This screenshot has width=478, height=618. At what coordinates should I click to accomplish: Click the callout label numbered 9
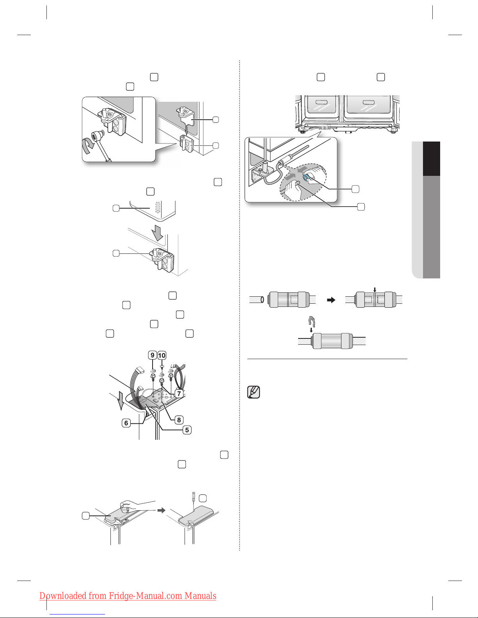click(x=153, y=355)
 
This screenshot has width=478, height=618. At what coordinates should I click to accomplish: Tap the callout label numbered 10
click(x=162, y=355)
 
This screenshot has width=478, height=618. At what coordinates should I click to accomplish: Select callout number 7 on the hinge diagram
click(x=179, y=393)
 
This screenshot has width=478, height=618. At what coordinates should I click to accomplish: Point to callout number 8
click(x=179, y=420)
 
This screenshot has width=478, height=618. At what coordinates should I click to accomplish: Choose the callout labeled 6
click(x=126, y=423)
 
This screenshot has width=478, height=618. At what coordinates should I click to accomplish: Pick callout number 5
click(x=187, y=430)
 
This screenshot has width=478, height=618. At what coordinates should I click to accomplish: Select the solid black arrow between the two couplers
click(x=331, y=300)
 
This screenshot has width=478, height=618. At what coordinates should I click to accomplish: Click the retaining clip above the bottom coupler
click(x=311, y=321)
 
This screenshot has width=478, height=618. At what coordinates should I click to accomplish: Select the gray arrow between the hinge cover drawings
click(x=160, y=510)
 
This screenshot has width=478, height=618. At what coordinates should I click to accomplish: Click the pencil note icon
click(x=254, y=392)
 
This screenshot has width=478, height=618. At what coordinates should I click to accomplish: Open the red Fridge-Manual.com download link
click(x=128, y=596)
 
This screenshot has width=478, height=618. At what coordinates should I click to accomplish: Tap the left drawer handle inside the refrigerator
click(x=320, y=103)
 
